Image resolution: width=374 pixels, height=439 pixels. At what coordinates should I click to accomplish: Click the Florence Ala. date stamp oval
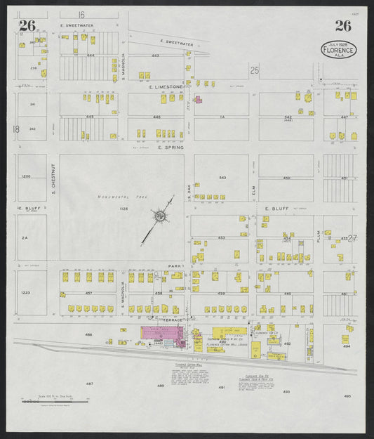pos(339,49)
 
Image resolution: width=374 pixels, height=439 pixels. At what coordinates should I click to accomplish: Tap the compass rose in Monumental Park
pos(161,217)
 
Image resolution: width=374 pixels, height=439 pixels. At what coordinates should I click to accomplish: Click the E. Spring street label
pos(170,148)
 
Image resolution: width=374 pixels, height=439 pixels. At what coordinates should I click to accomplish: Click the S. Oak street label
pos(189,189)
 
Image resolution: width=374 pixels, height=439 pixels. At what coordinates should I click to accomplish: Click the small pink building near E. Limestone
pos(199,100)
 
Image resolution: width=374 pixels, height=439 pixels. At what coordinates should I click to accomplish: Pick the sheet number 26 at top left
pos(27,26)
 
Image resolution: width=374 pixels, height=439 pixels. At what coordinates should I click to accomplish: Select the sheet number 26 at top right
pos(342,26)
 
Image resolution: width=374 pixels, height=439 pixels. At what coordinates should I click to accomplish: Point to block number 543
pos(222,178)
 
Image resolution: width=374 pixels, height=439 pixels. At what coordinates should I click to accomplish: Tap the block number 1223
pos(26,292)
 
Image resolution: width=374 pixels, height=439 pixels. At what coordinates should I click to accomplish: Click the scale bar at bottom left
pos(55,399)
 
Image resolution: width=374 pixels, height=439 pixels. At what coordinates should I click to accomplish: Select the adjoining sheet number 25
pos(255,70)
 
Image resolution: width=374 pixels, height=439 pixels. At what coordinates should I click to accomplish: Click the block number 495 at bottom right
pos(347,396)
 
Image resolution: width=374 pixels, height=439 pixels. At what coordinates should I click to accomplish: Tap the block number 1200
pos(26,177)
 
